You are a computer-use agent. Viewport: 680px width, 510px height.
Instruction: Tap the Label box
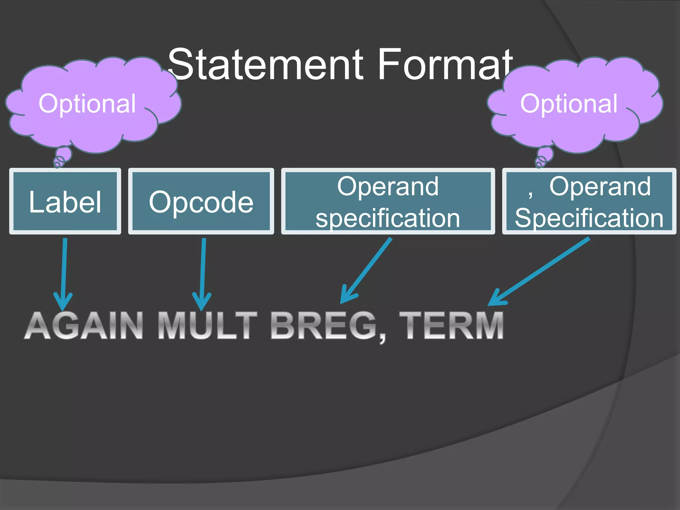[x=65, y=202]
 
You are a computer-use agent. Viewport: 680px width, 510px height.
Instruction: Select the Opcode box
[x=201, y=202]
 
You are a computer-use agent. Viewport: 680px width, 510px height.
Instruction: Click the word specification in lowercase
[x=387, y=218]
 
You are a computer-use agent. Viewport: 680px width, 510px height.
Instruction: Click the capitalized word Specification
[x=589, y=218]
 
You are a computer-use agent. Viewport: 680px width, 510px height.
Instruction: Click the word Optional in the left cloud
[x=87, y=104]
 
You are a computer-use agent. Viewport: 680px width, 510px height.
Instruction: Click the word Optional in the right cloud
[x=569, y=104]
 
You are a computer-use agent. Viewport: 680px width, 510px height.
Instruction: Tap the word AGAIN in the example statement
[x=84, y=326]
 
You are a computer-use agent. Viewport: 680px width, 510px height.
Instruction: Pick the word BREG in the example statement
[x=324, y=326]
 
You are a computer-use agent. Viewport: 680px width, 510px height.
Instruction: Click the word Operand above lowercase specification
[x=387, y=186]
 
